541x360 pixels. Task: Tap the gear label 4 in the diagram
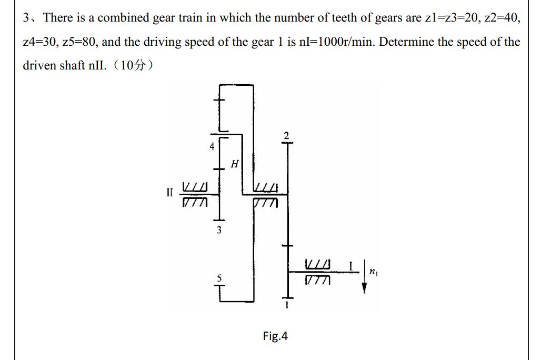tap(212, 147)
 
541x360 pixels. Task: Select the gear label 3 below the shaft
tap(219, 229)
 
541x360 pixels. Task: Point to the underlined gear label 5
tap(219, 277)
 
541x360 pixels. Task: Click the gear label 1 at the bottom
tap(287, 304)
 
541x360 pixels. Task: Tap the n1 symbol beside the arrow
tap(373, 272)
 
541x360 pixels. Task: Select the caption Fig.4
tap(275, 336)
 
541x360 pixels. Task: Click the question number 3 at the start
tap(27, 18)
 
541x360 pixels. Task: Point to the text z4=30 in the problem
tap(41, 42)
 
